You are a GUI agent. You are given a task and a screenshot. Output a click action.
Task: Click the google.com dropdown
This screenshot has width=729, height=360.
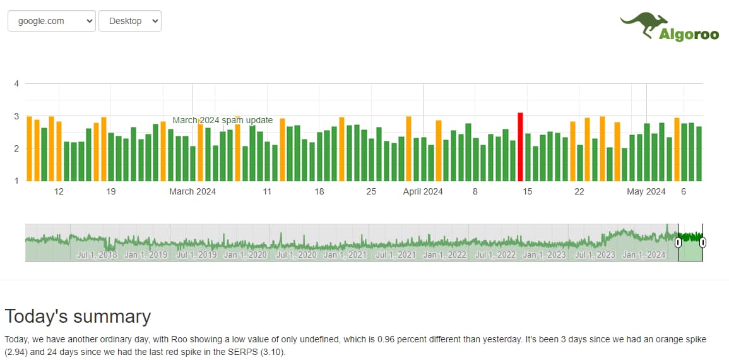51,21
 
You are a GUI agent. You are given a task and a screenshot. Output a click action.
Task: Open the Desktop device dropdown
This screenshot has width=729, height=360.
130,21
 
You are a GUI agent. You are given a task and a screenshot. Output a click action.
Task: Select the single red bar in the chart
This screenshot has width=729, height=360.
521,147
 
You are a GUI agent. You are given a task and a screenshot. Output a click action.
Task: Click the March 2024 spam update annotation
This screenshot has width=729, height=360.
222,120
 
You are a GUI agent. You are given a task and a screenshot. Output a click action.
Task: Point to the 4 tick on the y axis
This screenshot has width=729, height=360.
17,83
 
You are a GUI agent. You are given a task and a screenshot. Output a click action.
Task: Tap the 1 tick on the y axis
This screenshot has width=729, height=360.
17,181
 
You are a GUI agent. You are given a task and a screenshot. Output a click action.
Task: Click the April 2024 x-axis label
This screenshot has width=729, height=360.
423,191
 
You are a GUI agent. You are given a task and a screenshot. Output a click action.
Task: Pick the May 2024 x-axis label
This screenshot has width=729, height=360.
646,191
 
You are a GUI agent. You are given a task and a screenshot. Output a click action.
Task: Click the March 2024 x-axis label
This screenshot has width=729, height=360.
193,191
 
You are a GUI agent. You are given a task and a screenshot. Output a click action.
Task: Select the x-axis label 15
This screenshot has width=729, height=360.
527,191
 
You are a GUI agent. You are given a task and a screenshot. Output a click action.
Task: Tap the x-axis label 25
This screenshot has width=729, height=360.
371,191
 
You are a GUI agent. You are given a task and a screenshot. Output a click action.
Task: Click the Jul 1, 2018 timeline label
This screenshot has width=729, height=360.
96,255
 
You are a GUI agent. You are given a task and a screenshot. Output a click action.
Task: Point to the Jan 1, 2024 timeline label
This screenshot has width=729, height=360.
644,255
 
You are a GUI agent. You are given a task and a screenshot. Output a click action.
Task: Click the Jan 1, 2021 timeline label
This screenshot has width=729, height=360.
345,255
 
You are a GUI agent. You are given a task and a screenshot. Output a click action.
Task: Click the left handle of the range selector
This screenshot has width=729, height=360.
678,242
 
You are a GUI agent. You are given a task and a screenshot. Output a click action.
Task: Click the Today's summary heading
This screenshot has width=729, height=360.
78,316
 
